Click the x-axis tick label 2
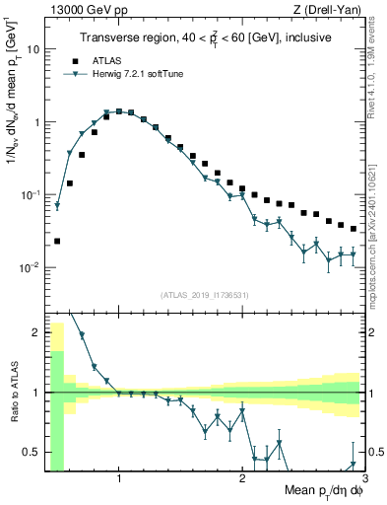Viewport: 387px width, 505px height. point(242,479)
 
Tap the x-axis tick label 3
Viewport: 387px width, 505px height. point(363,479)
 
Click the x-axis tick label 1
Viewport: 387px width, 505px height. point(119,479)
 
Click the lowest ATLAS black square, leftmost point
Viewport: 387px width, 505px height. point(57,241)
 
